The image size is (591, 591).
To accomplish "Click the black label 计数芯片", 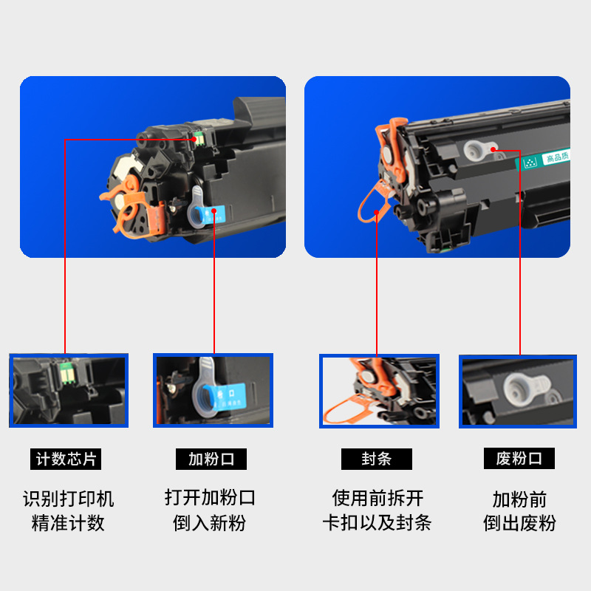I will (x=66, y=459).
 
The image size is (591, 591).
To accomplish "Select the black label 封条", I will (x=377, y=459).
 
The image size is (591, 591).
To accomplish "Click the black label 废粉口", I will (x=519, y=459).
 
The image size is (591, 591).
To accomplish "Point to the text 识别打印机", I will (x=68, y=499).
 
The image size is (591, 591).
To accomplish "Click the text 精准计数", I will (x=68, y=524).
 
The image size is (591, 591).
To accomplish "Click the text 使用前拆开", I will (x=377, y=498).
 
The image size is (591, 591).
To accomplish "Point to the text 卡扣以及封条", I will (x=377, y=524).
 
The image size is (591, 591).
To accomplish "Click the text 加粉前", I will (x=519, y=499).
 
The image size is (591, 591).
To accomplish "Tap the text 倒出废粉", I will (x=519, y=524).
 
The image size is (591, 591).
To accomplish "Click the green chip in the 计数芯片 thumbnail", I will (x=64, y=374).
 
